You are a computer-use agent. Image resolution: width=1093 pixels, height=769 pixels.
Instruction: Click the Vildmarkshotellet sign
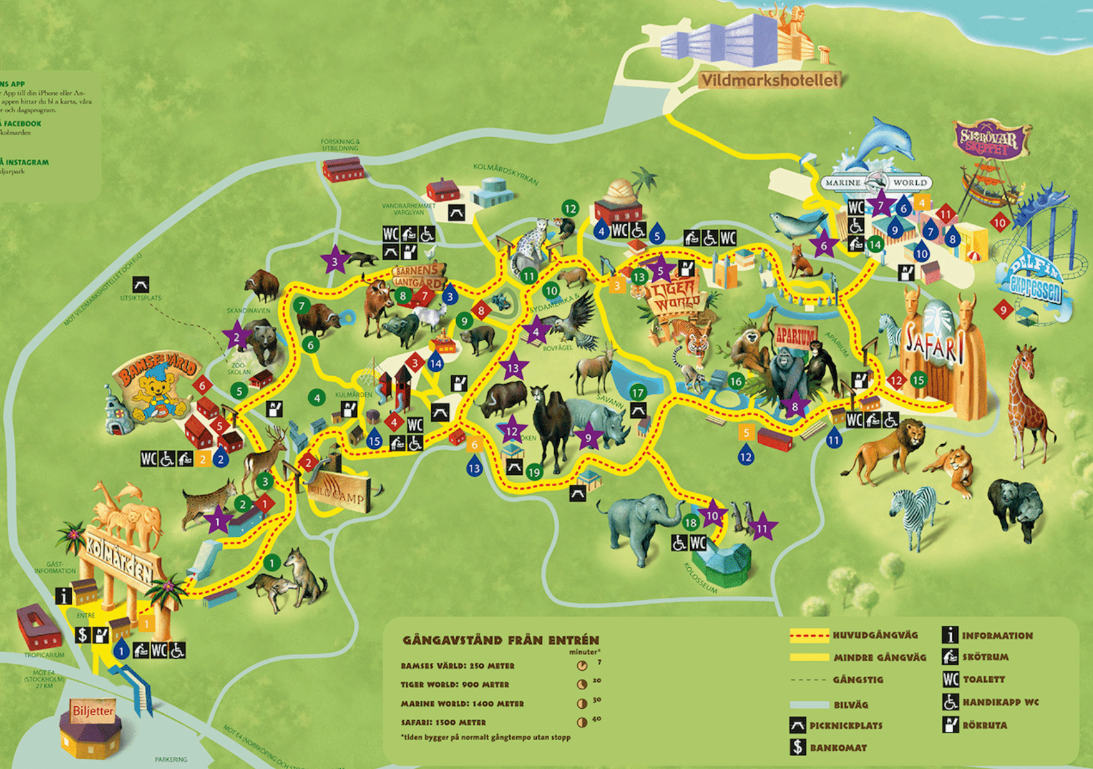pos(769,80)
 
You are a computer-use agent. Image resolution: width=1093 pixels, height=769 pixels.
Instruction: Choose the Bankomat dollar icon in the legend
pos(798,747)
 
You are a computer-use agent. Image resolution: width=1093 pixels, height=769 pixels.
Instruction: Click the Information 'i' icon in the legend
pos(949,635)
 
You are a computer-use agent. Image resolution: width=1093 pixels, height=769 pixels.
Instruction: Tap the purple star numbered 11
pos(762,529)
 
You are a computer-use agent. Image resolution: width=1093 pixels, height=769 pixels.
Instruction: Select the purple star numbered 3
pos(334,261)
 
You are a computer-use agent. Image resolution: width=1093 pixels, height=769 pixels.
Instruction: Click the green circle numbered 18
pos(690,522)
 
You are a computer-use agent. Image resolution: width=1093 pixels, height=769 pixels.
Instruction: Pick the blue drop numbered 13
pos(474,468)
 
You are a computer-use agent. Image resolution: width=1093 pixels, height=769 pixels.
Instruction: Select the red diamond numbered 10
pos(999,222)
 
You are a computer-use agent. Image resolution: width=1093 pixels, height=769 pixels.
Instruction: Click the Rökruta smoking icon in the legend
pos(949,725)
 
